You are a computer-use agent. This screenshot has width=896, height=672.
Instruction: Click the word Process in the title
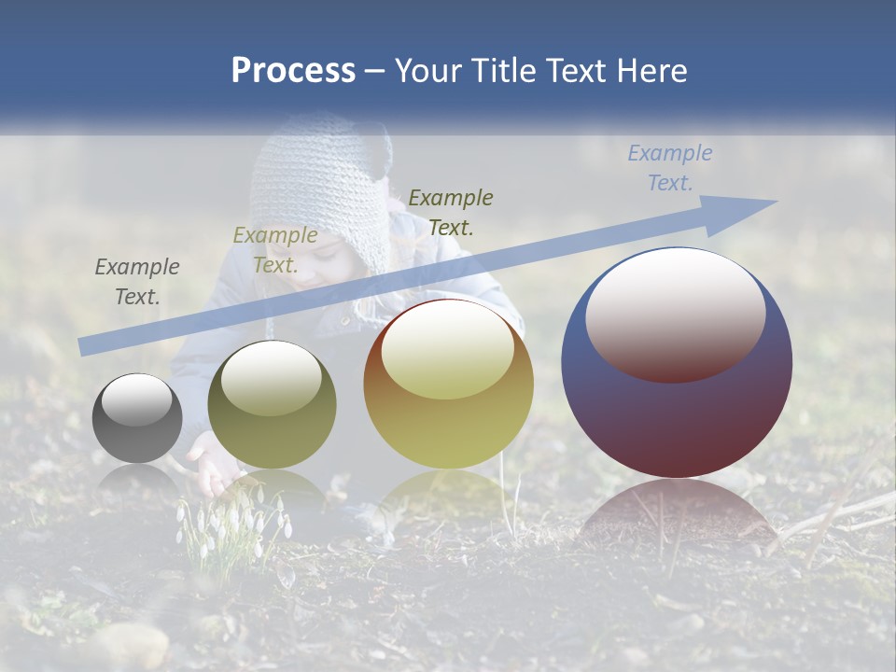coord(293,71)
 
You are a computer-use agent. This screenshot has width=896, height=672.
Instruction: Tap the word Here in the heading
coord(650,71)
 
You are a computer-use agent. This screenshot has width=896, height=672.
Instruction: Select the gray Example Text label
coord(137,281)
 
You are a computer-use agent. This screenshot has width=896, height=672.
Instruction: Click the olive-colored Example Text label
coord(275,249)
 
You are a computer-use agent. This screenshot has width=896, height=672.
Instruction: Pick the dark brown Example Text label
coord(451,212)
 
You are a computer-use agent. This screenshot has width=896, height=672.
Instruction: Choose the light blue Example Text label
coord(670,167)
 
